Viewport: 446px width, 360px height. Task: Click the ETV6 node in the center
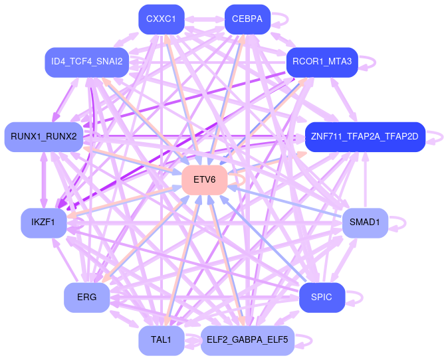pyautogui.click(x=205, y=180)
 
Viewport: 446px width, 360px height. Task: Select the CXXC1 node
pyautogui.click(x=161, y=19)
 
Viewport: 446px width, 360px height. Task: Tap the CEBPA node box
pyautogui.click(x=247, y=19)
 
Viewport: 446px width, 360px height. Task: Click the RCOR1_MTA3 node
pyautogui.click(x=322, y=62)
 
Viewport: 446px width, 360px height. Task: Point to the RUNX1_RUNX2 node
pyautogui.click(x=44, y=137)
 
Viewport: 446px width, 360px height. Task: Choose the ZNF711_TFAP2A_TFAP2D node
pyautogui.click(x=364, y=137)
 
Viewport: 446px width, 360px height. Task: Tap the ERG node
pyautogui.click(x=87, y=297)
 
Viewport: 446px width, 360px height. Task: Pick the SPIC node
pyautogui.click(x=322, y=297)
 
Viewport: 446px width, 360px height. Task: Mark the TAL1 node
pyautogui.click(x=161, y=340)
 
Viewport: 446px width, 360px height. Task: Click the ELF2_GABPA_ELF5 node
pyautogui.click(x=247, y=340)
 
